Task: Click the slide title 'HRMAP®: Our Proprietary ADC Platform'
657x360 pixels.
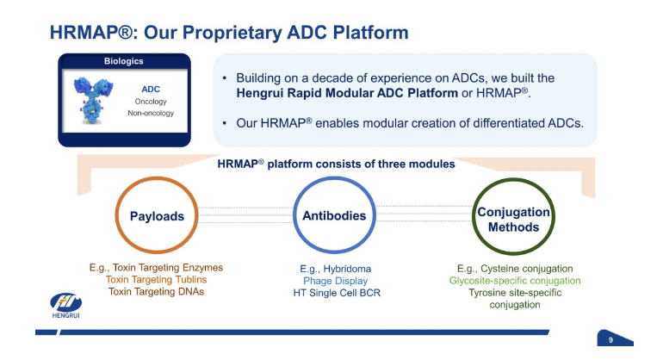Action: point(229,33)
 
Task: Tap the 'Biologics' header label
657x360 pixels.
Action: point(124,61)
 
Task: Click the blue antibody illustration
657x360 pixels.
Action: point(93,101)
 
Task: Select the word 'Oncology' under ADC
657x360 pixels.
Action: point(151,102)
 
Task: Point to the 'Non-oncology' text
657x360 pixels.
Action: point(151,113)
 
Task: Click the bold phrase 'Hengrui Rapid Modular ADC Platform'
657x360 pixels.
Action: point(347,93)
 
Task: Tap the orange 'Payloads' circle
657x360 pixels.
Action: point(157,215)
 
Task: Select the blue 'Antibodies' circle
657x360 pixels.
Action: point(334,215)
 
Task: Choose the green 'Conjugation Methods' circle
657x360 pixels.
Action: point(513,217)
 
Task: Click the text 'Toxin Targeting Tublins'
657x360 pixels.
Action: point(157,280)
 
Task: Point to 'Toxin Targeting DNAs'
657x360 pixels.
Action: point(157,292)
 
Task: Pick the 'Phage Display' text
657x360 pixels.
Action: point(335,281)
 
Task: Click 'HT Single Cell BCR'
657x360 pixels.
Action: point(337,293)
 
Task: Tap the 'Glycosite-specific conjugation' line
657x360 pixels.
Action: point(515,281)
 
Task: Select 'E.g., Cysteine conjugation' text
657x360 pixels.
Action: point(515,269)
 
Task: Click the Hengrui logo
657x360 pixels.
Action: point(65,306)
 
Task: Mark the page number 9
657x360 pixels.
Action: point(611,340)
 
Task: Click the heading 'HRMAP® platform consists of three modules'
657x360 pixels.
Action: point(336,164)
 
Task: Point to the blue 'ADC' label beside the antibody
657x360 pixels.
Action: point(151,90)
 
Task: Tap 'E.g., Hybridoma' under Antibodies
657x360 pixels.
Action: point(335,269)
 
